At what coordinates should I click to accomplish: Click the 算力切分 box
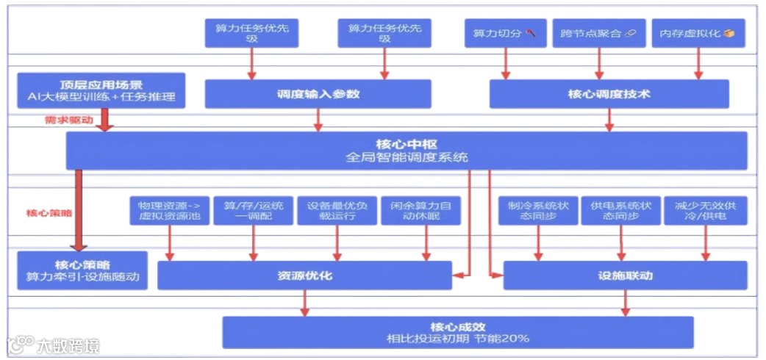coord(505,34)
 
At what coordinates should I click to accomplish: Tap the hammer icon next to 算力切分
coord(531,34)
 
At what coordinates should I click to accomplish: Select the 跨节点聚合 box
coord(598,34)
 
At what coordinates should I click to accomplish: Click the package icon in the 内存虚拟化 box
coord(729,34)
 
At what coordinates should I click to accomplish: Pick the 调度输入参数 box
coord(318,94)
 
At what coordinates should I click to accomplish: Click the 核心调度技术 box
coord(609,94)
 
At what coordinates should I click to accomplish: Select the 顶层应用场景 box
coord(101,90)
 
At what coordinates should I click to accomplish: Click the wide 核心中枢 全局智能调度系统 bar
coord(407,151)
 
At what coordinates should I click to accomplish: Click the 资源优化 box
coord(304,276)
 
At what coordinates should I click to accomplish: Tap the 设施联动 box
coord(626,276)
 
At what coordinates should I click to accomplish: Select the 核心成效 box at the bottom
coord(458,332)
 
